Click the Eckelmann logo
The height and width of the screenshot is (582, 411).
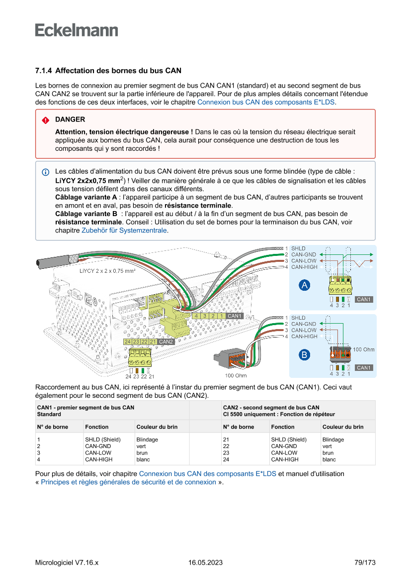click(x=77, y=30)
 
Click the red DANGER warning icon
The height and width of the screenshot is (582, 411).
click(x=45, y=120)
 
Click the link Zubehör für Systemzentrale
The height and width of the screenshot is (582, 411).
click(x=124, y=231)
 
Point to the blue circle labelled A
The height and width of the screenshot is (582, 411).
click(x=304, y=285)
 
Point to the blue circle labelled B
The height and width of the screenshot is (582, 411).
click(x=304, y=354)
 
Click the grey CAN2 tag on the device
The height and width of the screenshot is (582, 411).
click(x=166, y=342)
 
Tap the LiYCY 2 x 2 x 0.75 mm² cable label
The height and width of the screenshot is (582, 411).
click(x=107, y=271)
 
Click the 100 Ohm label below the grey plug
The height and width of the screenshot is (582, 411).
click(x=236, y=375)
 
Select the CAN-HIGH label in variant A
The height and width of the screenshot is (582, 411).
click(x=304, y=267)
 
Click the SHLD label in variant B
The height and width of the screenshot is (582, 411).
click(x=298, y=318)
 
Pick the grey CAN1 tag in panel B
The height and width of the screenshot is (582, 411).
click(x=364, y=368)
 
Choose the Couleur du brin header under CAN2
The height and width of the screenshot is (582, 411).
click(x=343, y=427)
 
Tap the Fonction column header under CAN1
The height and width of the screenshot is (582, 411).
click(x=96, y=427)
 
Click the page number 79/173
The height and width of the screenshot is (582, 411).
click(x=365, y=563)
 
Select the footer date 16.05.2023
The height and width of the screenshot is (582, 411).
click(x=205, y=563)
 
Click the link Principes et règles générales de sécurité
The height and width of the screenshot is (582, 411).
click(x=128, y=482)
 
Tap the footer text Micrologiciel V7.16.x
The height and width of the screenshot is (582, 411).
click(x=67, y=563)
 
